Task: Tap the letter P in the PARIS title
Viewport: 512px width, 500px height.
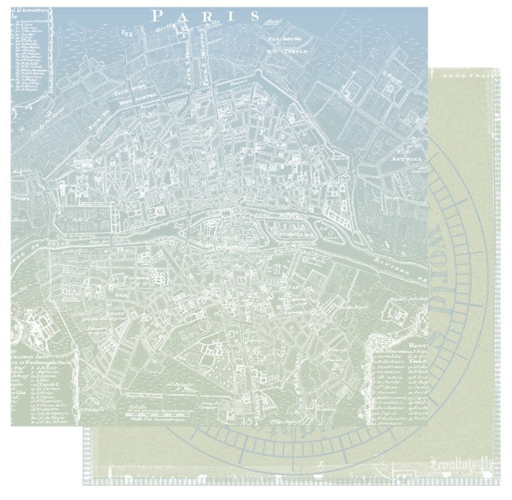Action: click(x=156, y=15)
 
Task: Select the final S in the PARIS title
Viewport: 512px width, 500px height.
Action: click(x=254, y=15)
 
